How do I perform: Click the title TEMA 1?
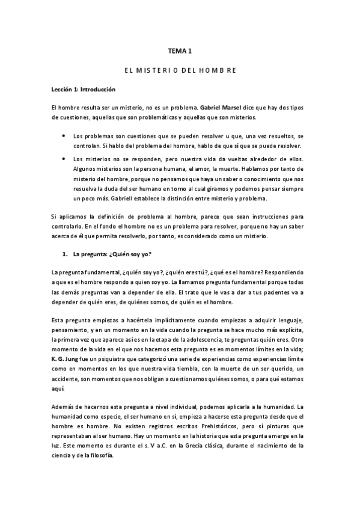180,52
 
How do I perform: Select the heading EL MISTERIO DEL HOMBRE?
180,71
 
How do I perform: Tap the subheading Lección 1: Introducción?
82,90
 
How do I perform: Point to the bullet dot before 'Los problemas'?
64,137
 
